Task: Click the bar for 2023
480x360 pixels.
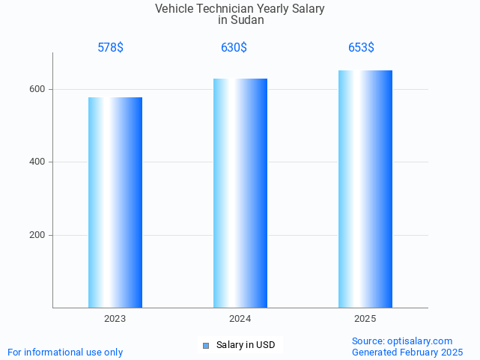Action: coord(115,202)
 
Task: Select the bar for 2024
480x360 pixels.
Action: coord(240,193)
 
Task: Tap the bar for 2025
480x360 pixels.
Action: coord(365,189)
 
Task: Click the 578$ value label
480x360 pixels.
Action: coord(110,47)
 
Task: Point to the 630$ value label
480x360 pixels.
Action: coord(234,47)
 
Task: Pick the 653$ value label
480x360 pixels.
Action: coord(361,47)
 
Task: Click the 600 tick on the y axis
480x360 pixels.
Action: coord(37,89)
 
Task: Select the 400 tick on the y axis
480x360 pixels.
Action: coord(37,162)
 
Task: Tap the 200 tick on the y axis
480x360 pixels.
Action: coord(37,235)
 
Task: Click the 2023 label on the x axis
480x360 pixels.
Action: coord(115,319)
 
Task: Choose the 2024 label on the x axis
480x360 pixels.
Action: coord(240,319)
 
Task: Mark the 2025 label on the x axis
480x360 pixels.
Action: coord(365,319)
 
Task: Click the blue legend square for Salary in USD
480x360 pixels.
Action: coord(206,345)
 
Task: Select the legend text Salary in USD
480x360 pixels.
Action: coord(246,345)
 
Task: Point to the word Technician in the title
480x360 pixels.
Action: coord(225,9)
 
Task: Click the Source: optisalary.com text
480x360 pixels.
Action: coord(402,341)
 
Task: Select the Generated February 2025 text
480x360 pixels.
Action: coord(407,352)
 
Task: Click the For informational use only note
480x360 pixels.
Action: coord(65,352)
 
